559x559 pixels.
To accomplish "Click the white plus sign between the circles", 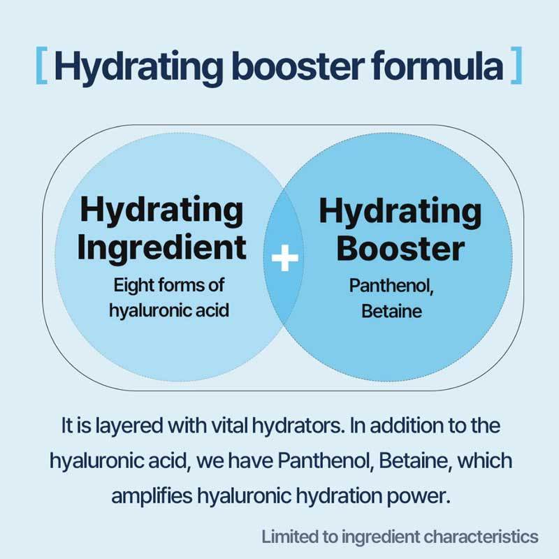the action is [x=284, y=260].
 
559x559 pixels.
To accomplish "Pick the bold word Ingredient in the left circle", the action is [x=162, y=249].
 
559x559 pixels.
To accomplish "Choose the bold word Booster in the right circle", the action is [x=400, y=249].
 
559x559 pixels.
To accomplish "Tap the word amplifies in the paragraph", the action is [x=151, y=496].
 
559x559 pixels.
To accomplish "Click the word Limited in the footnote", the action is [x=287, y=537].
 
